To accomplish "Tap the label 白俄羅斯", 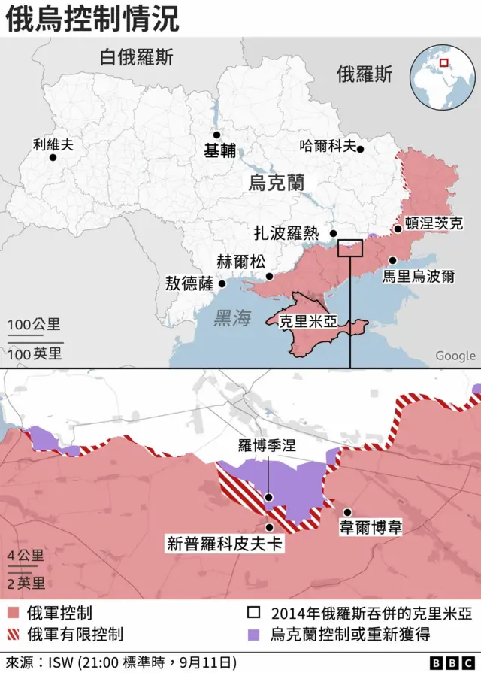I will point(136,57).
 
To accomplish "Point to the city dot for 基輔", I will point(216,135).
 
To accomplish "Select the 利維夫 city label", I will point(53,145).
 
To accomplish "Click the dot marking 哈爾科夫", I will point(361,149).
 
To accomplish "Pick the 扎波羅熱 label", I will point(286,233).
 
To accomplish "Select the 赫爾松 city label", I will point(240,262).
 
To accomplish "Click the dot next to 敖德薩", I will point(222,284).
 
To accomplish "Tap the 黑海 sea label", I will point(231,318).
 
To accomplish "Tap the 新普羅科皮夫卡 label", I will point(225,543).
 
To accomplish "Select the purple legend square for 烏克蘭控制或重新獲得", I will point(256,634).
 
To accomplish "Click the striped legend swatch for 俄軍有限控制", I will point(12,634).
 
